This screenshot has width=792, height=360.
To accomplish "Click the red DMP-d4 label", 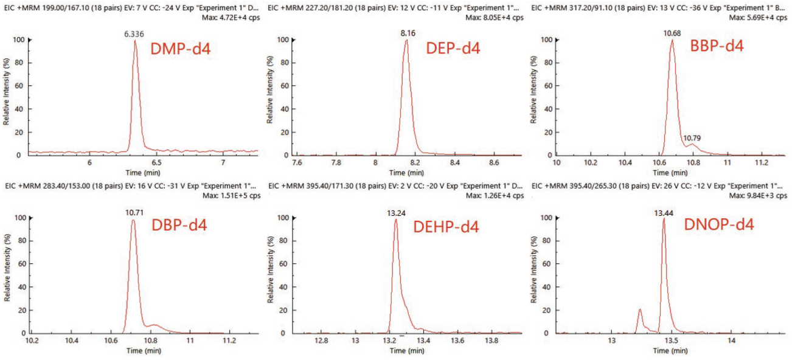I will point(181,49).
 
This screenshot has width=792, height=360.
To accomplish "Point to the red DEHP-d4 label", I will point(446,227).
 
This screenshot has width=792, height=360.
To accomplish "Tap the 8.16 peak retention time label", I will point(407,34).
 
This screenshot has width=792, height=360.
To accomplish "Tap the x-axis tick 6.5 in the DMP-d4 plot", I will point(157,163).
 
